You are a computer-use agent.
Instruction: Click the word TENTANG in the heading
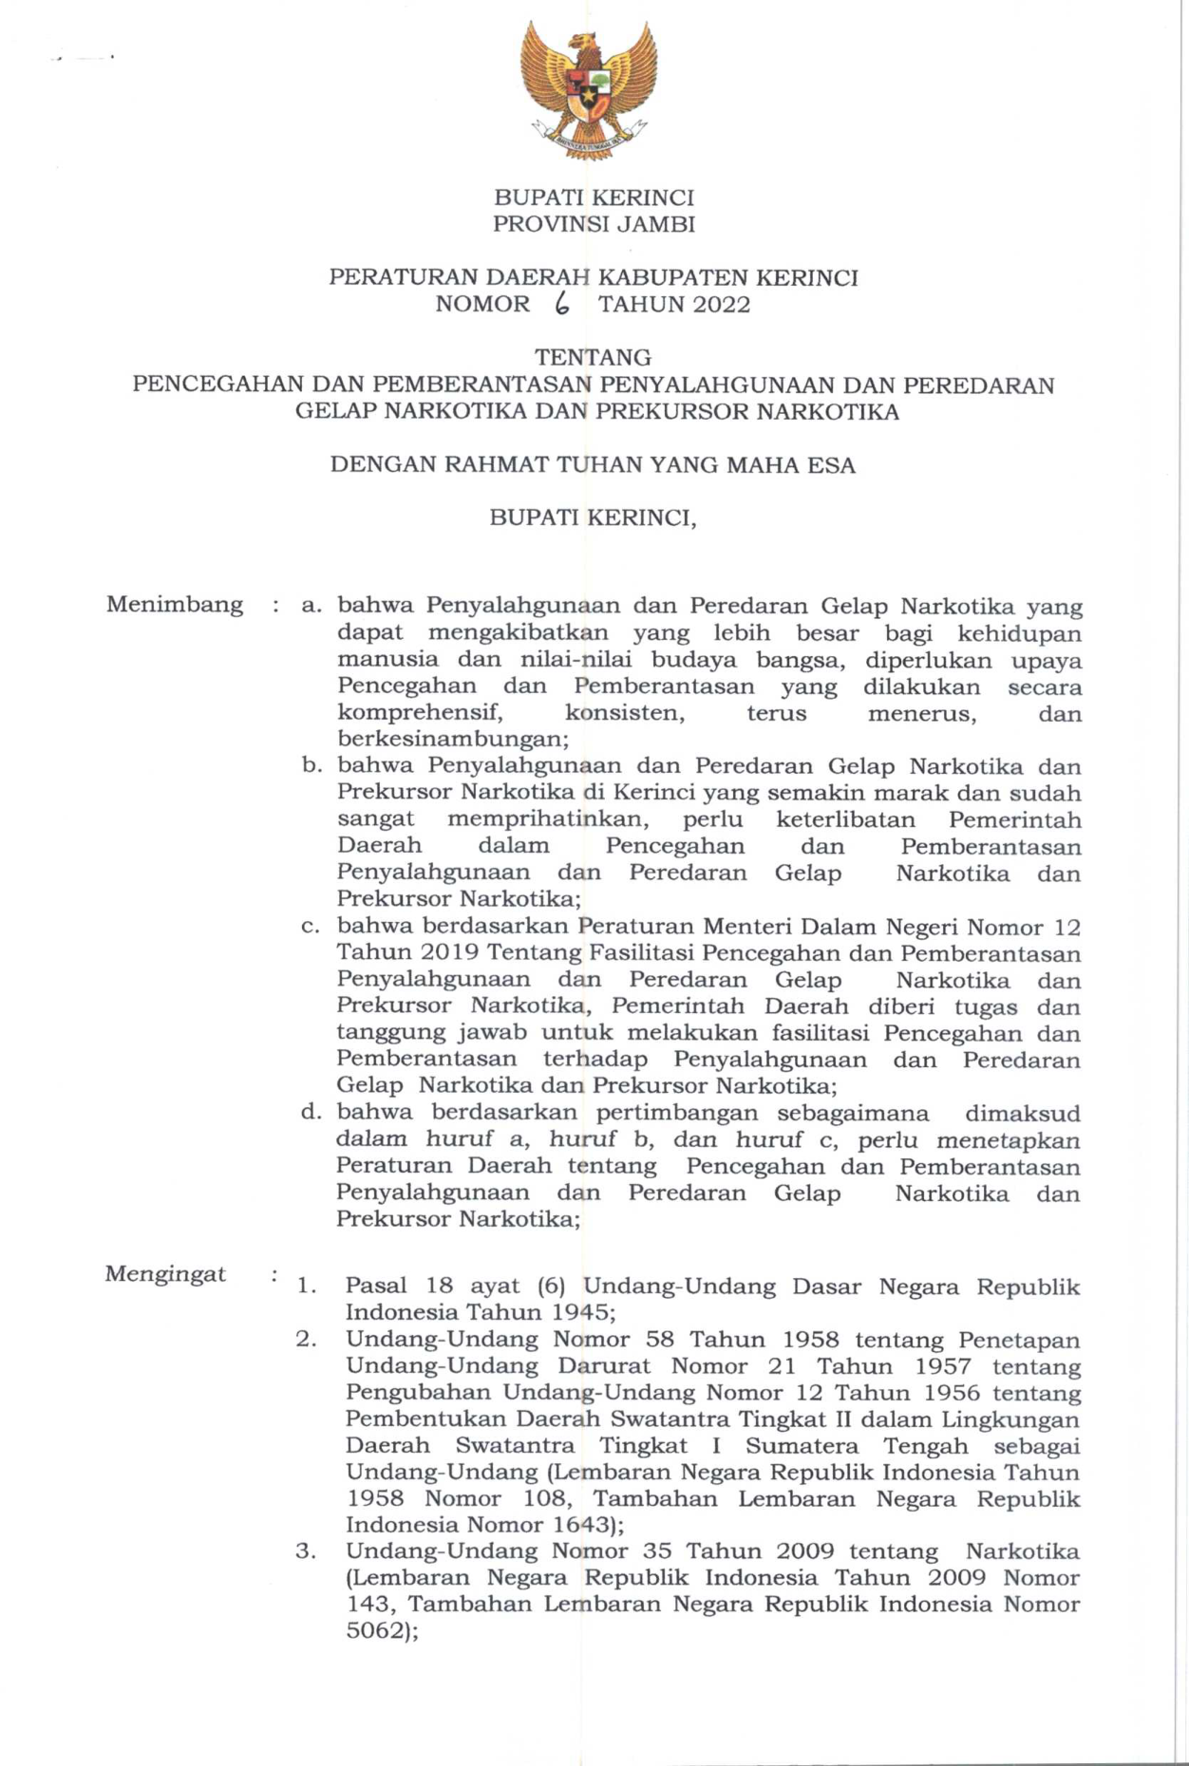(x=594, y=358)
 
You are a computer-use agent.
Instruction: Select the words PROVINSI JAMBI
(x=594, y=225)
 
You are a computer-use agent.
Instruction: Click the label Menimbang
(x=175, y=605)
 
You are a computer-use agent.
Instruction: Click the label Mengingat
(x=165, y=1274)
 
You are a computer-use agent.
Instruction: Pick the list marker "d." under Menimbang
(x=311, y=1112)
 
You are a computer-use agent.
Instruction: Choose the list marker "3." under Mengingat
(x=305, y=1550)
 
